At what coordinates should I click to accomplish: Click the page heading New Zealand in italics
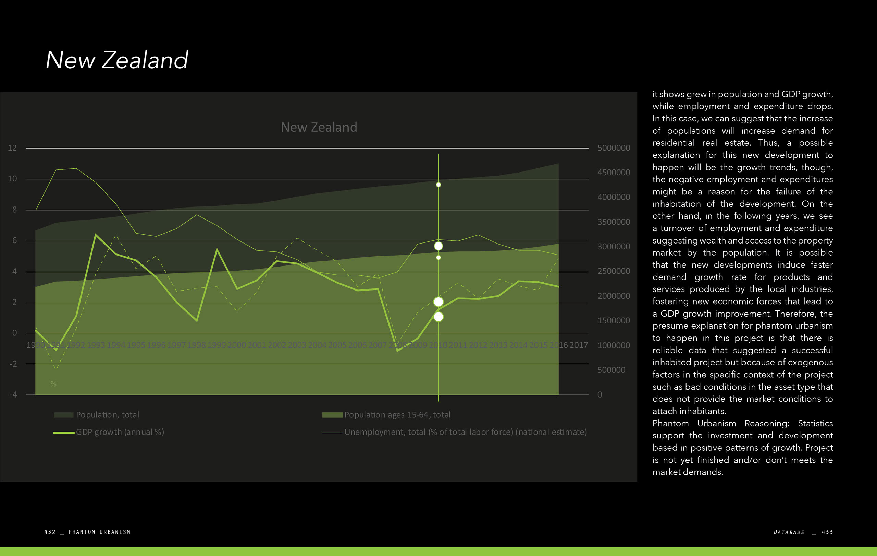point(116,60)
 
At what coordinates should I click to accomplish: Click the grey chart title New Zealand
point(319,127)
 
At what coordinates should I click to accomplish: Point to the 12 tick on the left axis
point(12,147)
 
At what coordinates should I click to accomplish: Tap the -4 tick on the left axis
point(13,394)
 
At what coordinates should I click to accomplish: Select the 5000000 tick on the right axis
point(613,147)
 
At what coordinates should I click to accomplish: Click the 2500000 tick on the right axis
point(613,271)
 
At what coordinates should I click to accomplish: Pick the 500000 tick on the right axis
point(611,370)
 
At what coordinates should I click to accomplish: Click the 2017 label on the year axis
point(578,345)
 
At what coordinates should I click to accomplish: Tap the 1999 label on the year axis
point(217,345)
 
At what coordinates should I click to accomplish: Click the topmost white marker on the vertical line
point(438,185)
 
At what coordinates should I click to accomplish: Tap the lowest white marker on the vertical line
point(438,317)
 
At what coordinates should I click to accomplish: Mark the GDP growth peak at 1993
point(96,234)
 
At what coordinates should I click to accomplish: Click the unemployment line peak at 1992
point(76,168)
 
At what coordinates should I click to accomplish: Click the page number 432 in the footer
point(50,532)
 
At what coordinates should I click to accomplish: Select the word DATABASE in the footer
point(789,532)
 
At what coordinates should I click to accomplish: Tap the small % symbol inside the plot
point(53,383)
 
